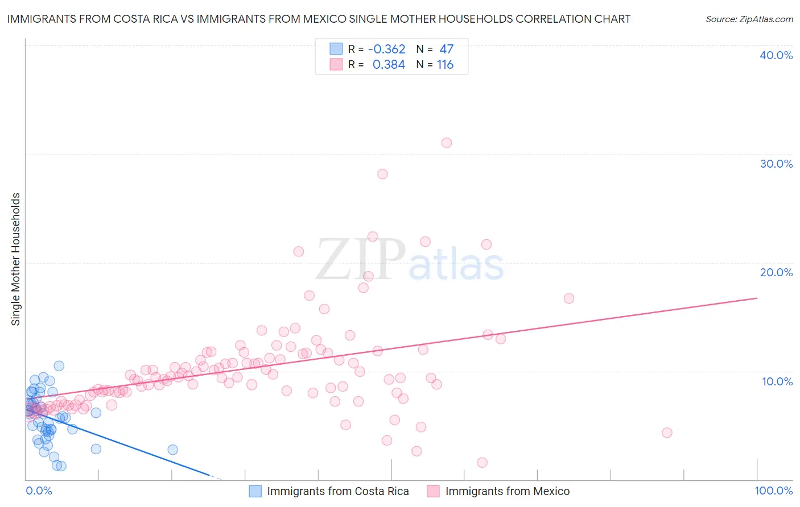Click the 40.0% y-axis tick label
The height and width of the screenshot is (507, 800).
click(776, 55)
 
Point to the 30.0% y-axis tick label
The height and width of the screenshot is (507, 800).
click(776, 164)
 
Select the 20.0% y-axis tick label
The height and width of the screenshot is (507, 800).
click(776, 272)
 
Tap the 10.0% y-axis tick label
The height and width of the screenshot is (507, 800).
click(777, 381)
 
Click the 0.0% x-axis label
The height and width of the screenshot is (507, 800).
click(39, 491)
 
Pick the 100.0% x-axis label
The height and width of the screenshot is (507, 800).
click(773, 491)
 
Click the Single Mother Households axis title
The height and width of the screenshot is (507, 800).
click(16, 259)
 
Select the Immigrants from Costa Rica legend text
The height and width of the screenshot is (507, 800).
click(338, 491)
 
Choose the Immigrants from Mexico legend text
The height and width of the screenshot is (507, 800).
click(508, 491)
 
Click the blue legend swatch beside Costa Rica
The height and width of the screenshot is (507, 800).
click(255, 491)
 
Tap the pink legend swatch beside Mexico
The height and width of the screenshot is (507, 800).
click(434, 491)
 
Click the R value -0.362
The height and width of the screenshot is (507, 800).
click(387, 49)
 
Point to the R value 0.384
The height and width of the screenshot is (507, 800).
click(389, 65)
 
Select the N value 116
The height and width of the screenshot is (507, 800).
click(445, 65)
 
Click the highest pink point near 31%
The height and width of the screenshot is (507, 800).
click(447, 143)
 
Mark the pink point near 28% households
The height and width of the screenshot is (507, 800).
click(382, 174)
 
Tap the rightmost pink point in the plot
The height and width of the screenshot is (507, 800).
click(667, 433)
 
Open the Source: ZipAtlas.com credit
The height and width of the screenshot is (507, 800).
click(749, 19)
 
